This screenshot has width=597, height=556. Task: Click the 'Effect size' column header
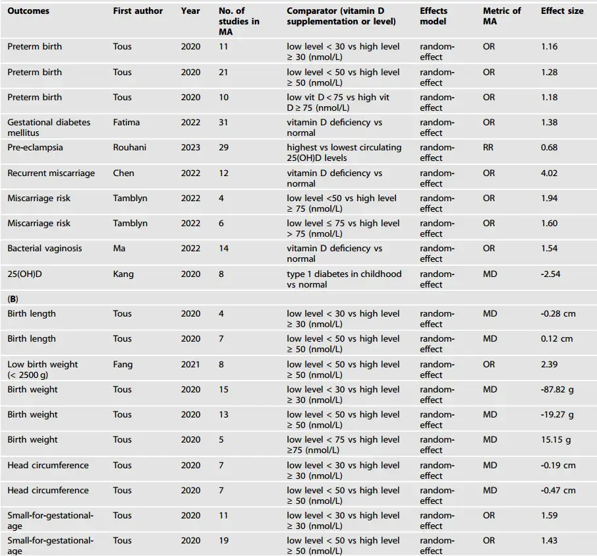561,11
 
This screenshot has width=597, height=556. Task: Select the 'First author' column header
138,11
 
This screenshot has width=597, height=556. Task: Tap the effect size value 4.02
548,173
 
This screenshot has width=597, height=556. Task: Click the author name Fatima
126,123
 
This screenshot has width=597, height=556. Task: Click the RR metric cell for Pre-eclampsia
488,148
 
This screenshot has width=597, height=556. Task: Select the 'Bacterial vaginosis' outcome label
44,249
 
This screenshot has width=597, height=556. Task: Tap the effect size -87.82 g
556,390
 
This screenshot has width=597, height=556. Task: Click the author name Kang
123,274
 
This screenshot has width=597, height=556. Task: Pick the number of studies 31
224,123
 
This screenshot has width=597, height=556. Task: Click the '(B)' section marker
13,299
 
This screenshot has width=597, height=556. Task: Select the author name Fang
123,365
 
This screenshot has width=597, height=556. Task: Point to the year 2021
190,365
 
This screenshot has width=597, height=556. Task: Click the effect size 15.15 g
555,440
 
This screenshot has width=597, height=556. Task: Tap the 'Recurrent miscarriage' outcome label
51,173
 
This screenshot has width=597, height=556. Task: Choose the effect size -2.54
550,274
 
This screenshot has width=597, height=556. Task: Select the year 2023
190,148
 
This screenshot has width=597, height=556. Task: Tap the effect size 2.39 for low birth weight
548,365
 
